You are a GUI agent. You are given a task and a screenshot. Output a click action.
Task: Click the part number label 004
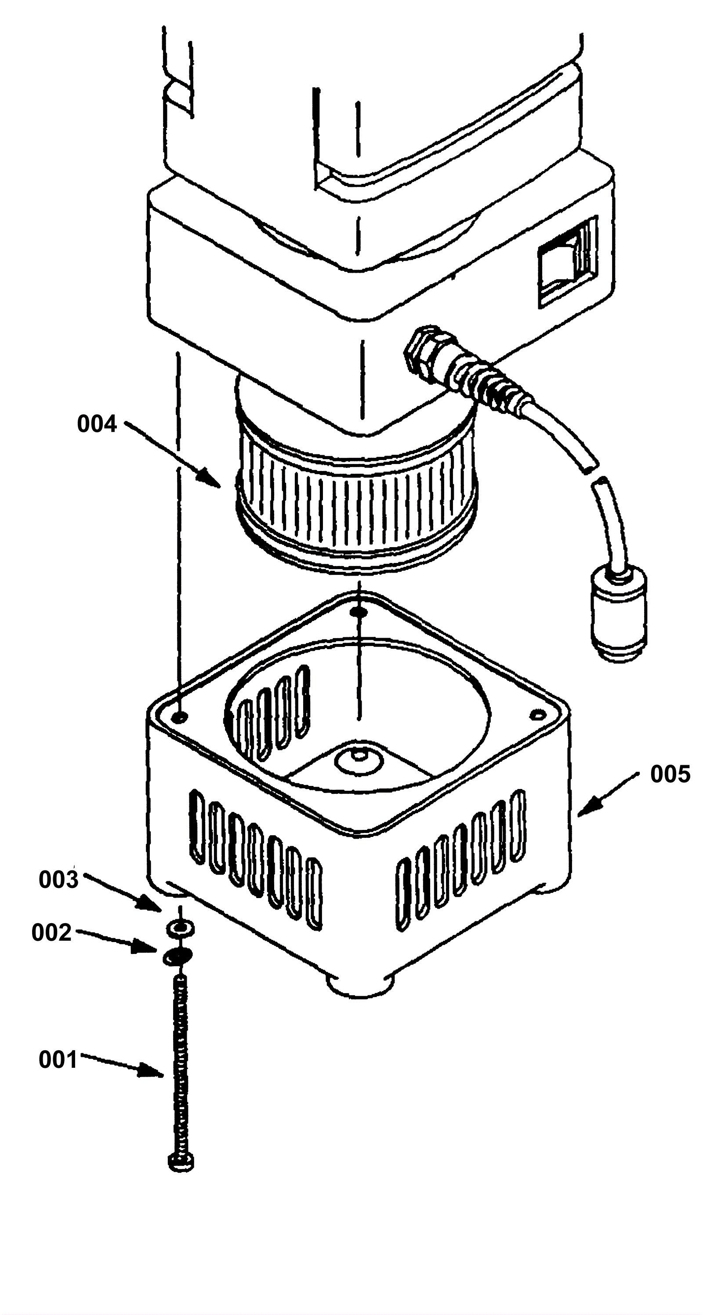(x=97, y=425)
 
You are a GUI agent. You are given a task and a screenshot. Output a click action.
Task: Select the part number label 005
(x=670, y=774)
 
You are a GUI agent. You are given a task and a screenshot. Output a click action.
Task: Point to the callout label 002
(x=51, y=933)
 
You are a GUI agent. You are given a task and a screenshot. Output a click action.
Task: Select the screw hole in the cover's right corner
(x=535, y=714)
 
